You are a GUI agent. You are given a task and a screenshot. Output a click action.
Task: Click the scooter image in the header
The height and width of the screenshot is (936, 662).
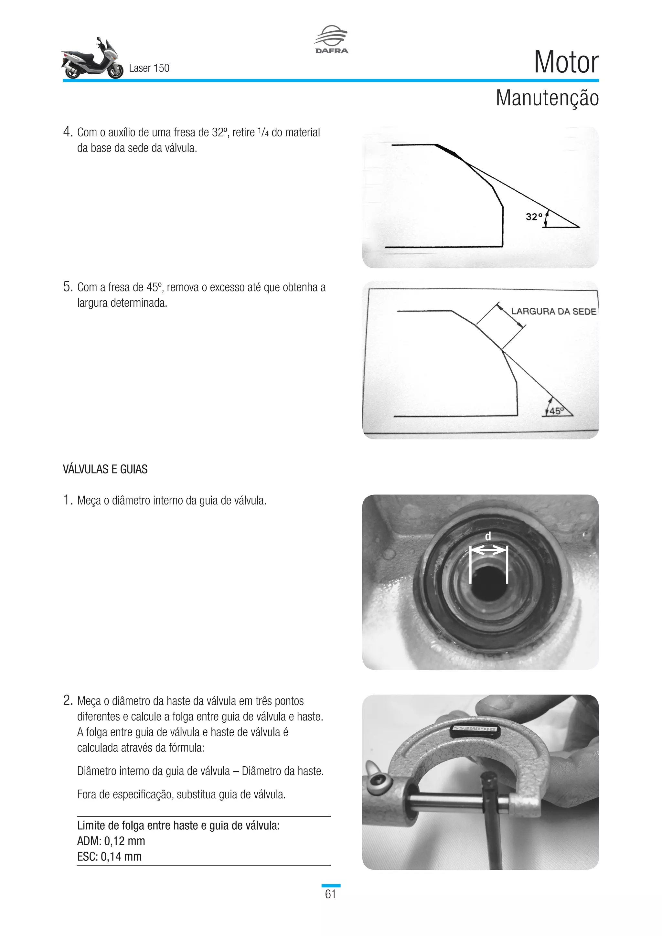[x=92, y=59]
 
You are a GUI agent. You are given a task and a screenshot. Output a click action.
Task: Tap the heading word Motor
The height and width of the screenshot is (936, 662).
[x=566, y=62]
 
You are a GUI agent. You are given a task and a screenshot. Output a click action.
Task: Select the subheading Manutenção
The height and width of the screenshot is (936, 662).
[x=547, y=98]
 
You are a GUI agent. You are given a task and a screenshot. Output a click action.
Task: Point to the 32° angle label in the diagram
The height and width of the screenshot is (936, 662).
[x=534, y=217]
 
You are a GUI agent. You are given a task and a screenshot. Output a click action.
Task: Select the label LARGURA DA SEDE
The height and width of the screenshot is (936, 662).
[x=553, y=312]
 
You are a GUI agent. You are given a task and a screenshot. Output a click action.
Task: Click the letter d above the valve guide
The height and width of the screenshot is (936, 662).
[x=488, y=537]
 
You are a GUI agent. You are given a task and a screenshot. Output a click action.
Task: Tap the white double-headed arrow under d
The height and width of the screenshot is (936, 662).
[x=488, y=551]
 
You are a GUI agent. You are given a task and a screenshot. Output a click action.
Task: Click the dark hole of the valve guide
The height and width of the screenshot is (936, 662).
[x=488, y=580]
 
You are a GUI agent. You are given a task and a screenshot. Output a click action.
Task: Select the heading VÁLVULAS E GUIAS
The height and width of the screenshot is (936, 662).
[x=105, y=469]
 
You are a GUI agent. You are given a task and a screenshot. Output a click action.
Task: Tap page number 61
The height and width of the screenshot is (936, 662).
[x=331, y=894]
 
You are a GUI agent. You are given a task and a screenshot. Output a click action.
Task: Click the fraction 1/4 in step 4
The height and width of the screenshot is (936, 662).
[x=263, y=132]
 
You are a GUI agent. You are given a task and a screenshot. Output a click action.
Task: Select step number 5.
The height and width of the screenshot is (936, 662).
[x=68, y=287]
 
